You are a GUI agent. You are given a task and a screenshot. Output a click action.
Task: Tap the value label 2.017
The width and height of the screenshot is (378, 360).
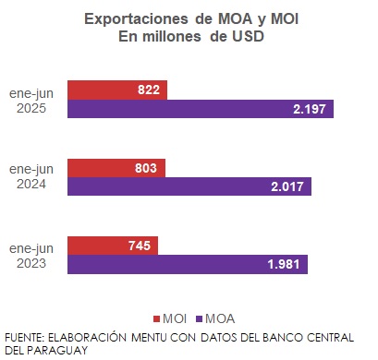pos(287,187)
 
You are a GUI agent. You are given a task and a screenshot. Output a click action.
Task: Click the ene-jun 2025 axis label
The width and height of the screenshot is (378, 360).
pos(32,100)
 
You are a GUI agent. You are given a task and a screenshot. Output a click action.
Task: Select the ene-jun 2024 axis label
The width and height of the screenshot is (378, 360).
pos(32,177)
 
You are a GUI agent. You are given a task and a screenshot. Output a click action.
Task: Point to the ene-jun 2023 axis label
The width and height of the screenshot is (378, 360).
pos(32,256)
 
